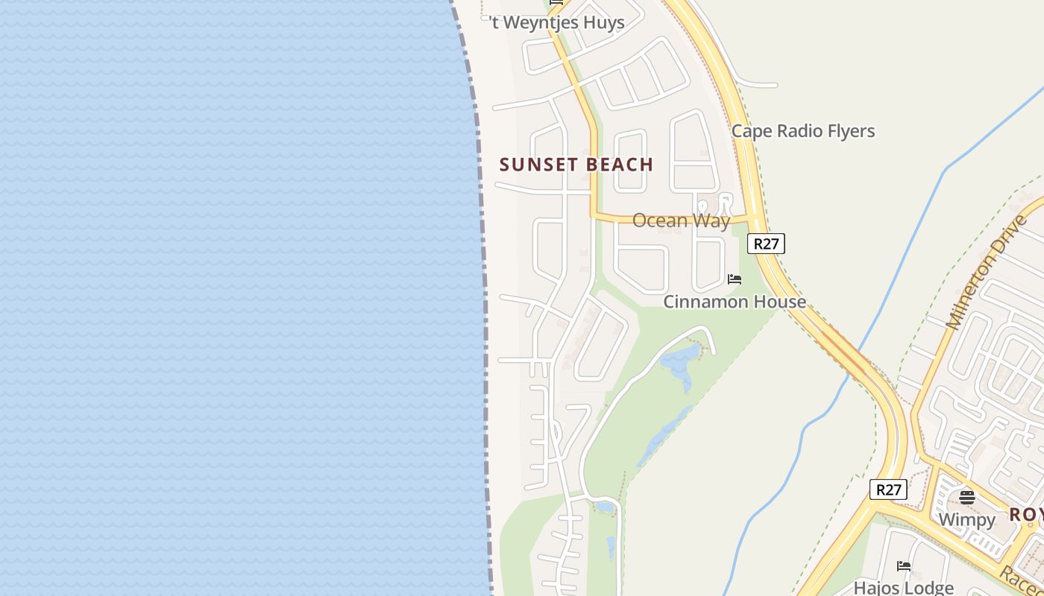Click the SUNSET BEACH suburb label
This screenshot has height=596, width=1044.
pyautogui.click(x=576, y=165)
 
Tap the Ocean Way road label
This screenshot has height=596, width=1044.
pyautogui.click(x=681, y=221)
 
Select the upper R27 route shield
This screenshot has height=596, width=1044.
pyautogui.click(x=767, y=244)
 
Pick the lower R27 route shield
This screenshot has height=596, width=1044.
pyautogui.click(x=888, y=489)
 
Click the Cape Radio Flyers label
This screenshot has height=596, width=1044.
pyautogui.click(x=802, y=131)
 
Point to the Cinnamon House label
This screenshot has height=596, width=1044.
pyautogui.click(x=735, y=302)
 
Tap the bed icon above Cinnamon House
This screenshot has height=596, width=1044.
pyautogui.click(x=735, y=280)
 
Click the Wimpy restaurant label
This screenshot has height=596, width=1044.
pyautogui.click(x=966, y=519)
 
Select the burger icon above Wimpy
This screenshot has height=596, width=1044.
pyautogui.click(x=966, y=498)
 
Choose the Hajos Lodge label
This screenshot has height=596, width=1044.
pyautogui.click(x=903, y=588)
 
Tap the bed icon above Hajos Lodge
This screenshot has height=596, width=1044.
pyautogui.click(x=904, y=566)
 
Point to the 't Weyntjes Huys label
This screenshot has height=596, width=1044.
pyautogui.click(x=557, y=22)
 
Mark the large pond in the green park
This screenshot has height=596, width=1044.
pyautogui.click(x=680, y=362)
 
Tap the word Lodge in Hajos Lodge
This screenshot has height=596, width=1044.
pyautogui.click(x=928, y=588)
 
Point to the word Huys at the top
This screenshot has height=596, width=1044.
pyautogui.click(x=600, y=22)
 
